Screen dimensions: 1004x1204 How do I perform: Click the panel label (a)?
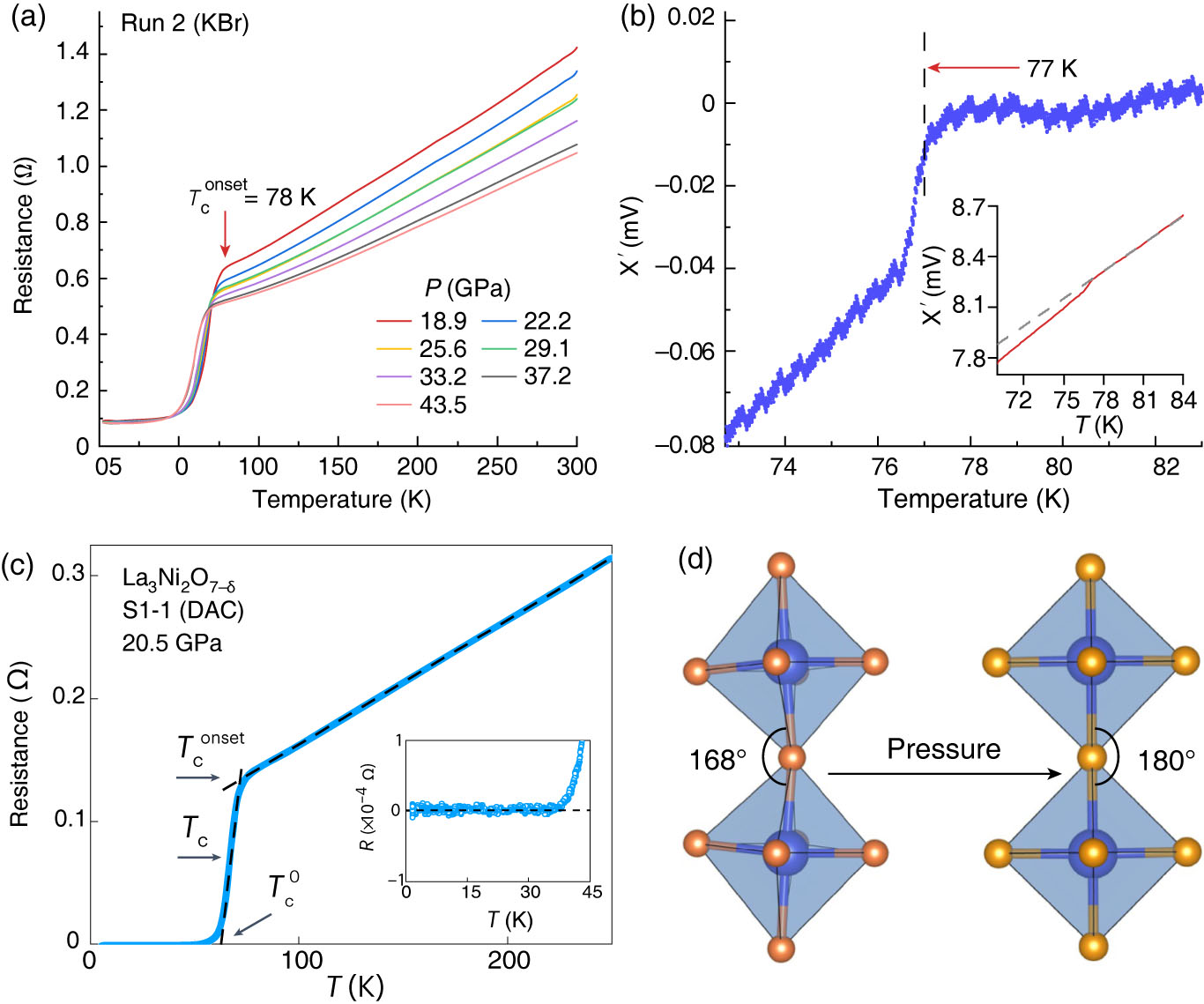click(x=26, y=19)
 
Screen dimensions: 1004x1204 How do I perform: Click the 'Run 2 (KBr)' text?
click(x=185, y=23)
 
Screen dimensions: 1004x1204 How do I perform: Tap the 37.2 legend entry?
click(x=547, y=376)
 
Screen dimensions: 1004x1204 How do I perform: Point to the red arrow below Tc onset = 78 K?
click(x=225, y=234)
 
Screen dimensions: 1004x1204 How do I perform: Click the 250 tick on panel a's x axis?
click(x=496, y=466)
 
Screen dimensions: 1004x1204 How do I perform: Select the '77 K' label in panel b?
click(x=1052, y=69)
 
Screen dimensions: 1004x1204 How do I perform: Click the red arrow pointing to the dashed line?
click(x=970, y=68)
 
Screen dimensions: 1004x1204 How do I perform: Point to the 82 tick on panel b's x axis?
click(x=1165, y=466)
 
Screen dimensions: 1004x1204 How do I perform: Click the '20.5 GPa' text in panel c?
click(x=172, y=643)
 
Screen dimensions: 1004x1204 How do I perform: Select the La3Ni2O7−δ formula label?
click(x=178, y=579)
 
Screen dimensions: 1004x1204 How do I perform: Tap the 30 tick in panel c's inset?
click(x=530, y=892)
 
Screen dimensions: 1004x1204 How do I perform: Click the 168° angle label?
click(x=717, y=760)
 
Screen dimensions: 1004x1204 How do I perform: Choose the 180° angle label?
click(x=1166, y=760)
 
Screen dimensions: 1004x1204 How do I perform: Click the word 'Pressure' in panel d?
click(x=943, y=749)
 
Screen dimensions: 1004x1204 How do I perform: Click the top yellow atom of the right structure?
click(x=1090, y=567)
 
